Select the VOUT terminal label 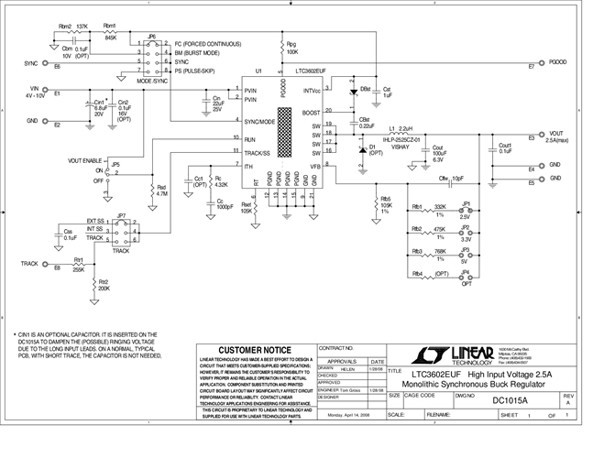click(x=555, y=134)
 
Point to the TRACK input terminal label click(x=29, y=263)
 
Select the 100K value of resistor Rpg click(x=292, y=52)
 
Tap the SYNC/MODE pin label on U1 click(x=259, y=121)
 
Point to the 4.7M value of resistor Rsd click(x=161, y=193)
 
